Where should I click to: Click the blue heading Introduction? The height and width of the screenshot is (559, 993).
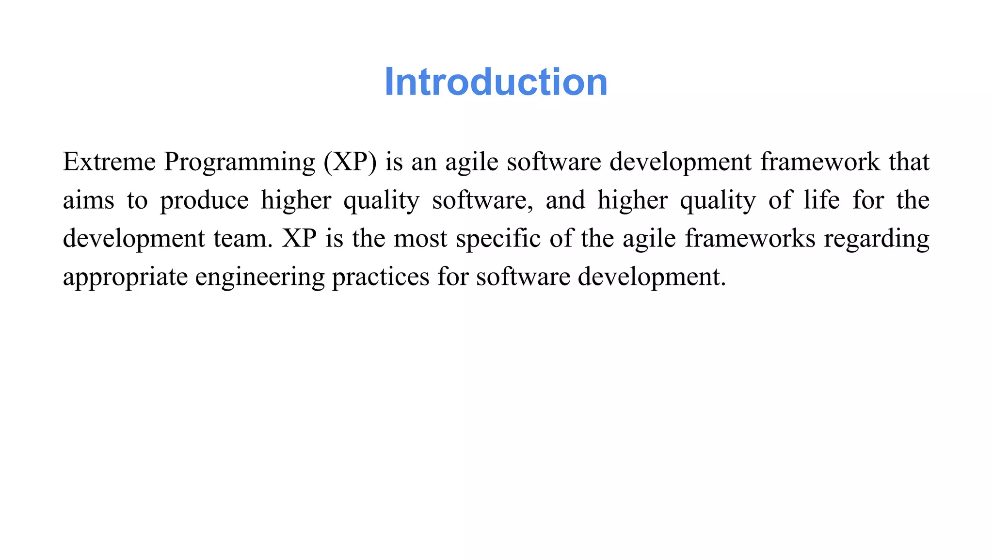[x=496, y=82]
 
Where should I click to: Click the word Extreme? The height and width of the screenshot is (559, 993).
[x=109, y=162]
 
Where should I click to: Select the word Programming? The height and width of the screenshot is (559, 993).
[x=240, y=163]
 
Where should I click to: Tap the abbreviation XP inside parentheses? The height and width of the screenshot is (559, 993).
[x=350, y=162]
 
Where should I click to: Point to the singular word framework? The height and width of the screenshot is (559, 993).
[x=819, y=162]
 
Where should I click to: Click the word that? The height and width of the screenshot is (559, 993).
[x=909, y=162]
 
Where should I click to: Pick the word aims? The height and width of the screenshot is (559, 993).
[x=88, y=200]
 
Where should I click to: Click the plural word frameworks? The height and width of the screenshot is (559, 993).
[x=750, y=239]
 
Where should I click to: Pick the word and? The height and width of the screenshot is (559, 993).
[x=565, y=200]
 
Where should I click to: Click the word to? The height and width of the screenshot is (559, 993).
[x=137, y=201]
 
